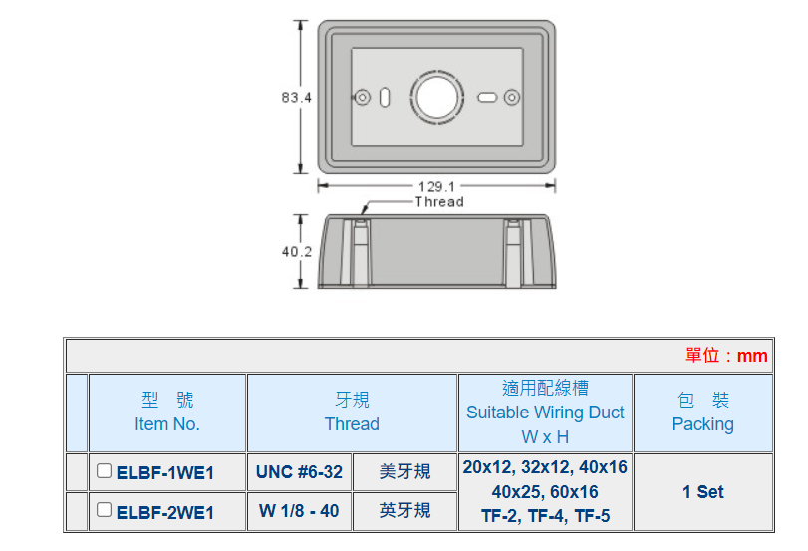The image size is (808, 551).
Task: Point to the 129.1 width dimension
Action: [x=435, y=186]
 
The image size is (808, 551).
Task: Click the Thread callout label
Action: [x=439, y=201]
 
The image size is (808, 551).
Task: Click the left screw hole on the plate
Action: [x=362, y=97]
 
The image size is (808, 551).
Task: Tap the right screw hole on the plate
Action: [x=512, y=97]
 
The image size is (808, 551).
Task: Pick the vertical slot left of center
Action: [x=385, y=97]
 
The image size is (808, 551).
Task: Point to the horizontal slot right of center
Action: [x=487, y=97]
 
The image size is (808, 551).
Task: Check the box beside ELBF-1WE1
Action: [x=104, y=471]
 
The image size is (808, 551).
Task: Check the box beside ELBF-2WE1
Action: [x=104, y=510]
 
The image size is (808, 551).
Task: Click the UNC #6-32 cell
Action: [x=299, y=472]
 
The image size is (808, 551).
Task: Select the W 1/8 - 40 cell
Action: [x=299, y=511]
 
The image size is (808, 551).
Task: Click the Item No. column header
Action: [x=167, y=413]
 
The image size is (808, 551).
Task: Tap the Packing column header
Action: [x=702, y=413]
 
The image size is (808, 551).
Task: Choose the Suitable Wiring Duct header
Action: [x=545, y=413]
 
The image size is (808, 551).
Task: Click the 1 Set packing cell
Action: [x=702, y=492]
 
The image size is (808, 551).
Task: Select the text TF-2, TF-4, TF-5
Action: [x=545, y=516]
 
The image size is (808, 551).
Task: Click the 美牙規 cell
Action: [x=404, y=472]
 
